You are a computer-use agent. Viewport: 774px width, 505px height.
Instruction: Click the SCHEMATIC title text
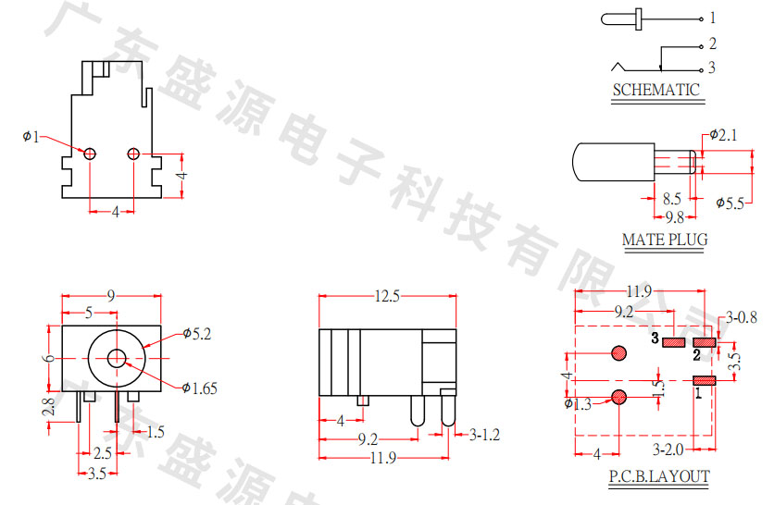point(655,90)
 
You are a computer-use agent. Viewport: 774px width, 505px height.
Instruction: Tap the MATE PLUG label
point(664,240)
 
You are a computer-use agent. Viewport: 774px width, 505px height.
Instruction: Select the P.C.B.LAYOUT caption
point(658,477)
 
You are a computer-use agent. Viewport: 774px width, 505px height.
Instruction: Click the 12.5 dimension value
point(387,297)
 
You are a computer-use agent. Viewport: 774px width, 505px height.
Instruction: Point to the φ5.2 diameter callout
point(197,334)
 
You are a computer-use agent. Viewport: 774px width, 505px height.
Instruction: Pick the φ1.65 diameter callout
point(199,388)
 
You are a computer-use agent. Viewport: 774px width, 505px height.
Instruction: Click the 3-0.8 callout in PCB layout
point(742,317)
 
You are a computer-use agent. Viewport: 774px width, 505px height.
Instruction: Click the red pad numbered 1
point(705,380)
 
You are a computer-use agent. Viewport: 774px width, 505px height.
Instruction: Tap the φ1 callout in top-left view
point(31,138)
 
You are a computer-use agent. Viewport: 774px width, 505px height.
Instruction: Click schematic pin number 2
point(711,43)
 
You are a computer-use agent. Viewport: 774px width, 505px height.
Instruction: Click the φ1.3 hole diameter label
point(577,402)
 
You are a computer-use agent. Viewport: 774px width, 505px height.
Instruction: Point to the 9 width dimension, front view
point(111,297)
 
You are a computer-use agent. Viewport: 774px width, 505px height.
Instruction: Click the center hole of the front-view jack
point(117,359)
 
